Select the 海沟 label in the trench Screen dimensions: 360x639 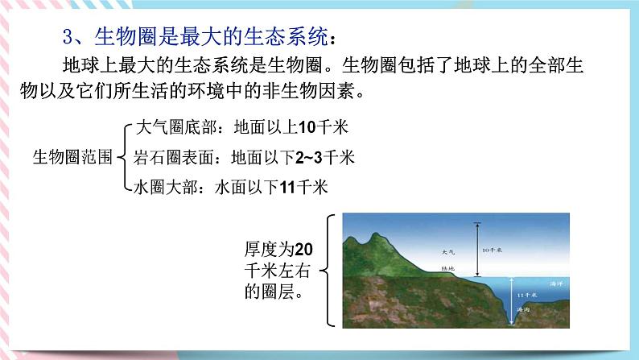point(524,310)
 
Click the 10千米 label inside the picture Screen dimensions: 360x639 point(493,250)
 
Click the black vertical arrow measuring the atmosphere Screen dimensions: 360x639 point(476,250)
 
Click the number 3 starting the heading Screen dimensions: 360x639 point(68,37)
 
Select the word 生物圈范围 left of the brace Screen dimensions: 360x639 point(72,156)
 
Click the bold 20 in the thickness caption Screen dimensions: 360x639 point(303,248)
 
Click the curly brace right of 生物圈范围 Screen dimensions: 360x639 point(122,157)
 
